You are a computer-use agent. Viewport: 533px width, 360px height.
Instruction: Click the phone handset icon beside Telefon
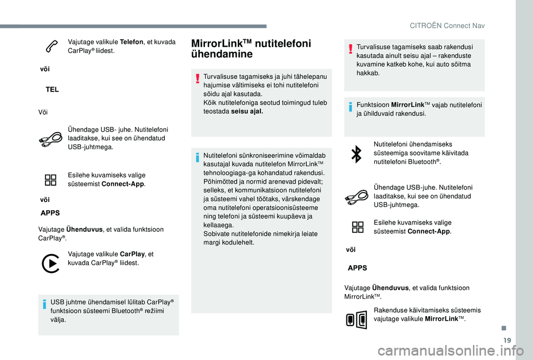[50, 48]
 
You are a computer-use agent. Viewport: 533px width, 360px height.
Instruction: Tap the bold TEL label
[53, 89]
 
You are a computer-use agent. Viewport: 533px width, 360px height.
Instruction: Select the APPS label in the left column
[51, 212]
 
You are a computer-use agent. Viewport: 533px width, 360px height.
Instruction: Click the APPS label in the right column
[357, 267]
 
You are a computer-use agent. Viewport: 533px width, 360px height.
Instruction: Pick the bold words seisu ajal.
[247, 111]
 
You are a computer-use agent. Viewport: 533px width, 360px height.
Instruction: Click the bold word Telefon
[131, 42]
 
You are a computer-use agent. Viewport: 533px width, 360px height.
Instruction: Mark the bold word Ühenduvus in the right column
[390, 288]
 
